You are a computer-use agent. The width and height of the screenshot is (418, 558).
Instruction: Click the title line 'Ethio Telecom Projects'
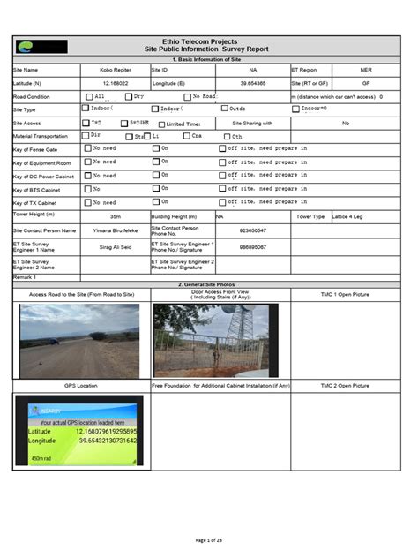point(207,41)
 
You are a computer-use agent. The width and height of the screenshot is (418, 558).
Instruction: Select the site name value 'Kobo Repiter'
point(116,69)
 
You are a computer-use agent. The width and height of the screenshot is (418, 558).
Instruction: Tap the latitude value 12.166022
point(116,82)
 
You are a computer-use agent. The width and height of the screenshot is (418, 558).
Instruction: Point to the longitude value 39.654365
point(252,82)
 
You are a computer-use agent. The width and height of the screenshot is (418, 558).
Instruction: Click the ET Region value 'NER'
point(365,69)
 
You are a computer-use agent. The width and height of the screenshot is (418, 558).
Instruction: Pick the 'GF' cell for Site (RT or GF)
point(365,82)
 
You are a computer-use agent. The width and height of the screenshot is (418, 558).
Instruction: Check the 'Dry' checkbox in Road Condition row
point(129,96)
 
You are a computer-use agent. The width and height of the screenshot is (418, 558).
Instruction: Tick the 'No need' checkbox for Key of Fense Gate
point(87,149)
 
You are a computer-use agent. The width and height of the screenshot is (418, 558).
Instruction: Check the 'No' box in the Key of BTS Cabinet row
point(87,189)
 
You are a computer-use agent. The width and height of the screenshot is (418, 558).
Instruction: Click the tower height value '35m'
point(116,216)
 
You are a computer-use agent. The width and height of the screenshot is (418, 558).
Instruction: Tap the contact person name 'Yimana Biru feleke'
point(116,230)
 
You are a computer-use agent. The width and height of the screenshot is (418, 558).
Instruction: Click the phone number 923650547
point(252,230)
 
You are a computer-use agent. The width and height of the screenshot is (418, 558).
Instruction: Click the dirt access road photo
point(79,341)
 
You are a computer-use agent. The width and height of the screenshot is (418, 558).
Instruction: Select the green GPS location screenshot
point(78,430)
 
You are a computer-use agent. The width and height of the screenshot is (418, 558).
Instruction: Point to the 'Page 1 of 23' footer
point(209,539)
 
